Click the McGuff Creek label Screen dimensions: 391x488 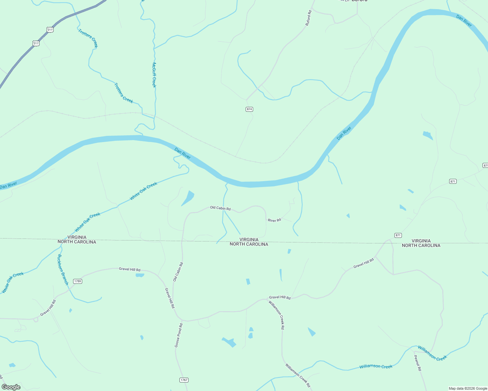pyautogui.click(x=154, y=75)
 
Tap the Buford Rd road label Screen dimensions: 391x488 pyautogui.click(x=308, y=18)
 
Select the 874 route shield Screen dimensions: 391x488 pyautogui.click(x=249, y=109)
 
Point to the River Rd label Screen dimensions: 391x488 pyautogui.click(x=274, y=220)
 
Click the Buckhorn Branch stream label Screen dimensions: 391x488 pyautogui.click(x=63, y=269)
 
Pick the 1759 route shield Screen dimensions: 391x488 pyautogui.click(x=77, y=281)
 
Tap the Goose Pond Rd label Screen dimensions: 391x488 pyautogui.click(x=179, y=335)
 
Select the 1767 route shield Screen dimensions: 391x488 pyautogui.click(x=184, y=380)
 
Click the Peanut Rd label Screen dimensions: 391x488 pyautogui.click(x=418, y=363)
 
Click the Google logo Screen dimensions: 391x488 pyautogui.click(x=11, y=387)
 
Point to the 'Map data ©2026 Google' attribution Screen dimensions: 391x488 pyautogui.click(x=468, y=388)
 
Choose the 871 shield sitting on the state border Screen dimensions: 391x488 pyautogui.click(x=398, y=235)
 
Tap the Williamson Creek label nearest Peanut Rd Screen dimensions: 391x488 pyautogui.click(x=432, y=353)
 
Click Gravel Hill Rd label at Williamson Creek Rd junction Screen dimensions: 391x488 pyautogui.click(x=280, y=297)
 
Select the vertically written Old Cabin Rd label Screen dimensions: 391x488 pyautogui.click(x=178, y=272)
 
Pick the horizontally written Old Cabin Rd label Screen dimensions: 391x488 pyautogui.click(x=220, y=208)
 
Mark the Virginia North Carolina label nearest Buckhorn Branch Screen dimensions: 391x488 pyautogui.click(x=77, y=239)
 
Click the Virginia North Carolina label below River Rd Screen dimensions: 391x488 pyautogui.click(x=249, y=242)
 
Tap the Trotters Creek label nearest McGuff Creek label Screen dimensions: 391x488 pyautogui.click(x=124, y=93)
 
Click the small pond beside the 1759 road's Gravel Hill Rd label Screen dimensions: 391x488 pyautogui.click(x=140, y=275)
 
